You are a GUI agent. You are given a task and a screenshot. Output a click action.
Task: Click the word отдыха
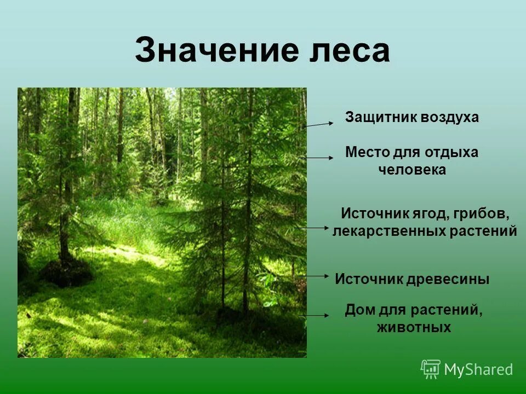pos(453,152)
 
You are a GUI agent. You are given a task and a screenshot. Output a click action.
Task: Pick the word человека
pos(412,170)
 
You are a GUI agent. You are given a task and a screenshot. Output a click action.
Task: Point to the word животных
pos(414,327)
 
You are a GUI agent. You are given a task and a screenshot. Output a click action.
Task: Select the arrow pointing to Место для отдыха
pos(317,158)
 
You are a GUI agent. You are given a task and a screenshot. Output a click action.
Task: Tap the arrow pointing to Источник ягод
pos(312,227)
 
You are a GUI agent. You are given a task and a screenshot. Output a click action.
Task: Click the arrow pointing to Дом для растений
pos(315,316)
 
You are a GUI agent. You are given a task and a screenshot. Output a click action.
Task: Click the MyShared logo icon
pos(431,369)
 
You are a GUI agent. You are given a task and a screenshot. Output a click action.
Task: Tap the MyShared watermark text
pos(478,370)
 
